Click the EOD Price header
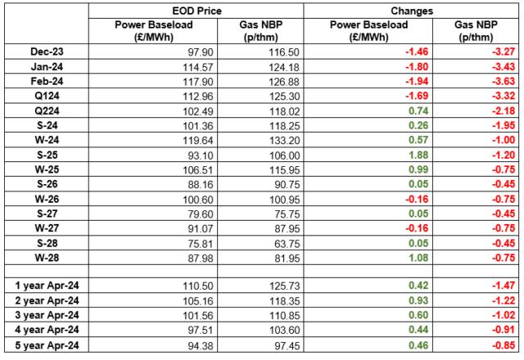(196, 11)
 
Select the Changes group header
(412, 11)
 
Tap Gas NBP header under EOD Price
(260, 31)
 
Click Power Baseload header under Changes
(368, 31)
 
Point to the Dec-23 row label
(47, 52)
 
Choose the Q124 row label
(47, 96)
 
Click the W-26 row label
(47, 199)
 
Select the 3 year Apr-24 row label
(47, 315)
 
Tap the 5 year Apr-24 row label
(47, 345)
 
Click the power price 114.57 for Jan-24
(198, 67)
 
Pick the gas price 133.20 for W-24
(284, 141)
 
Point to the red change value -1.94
(417, 81)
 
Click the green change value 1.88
(418, 155)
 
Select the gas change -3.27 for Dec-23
(504, 52)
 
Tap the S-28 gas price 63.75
(287, 244)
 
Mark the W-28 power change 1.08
(418, 258)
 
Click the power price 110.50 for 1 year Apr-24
(198, 286)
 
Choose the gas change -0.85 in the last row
(504, 345)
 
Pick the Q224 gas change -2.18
(504, 111)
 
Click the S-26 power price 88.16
(201, 185)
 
